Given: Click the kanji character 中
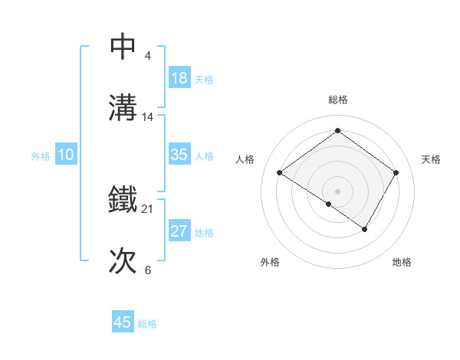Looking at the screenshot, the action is pyautogui.click(x=123, y=47).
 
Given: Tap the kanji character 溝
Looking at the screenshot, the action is pyautogui.click(x=123, y=108).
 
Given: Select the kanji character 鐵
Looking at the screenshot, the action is pyautogui.click(x=123, y=200).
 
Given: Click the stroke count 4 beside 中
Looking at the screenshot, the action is pyautogui.click(x=147, y=55).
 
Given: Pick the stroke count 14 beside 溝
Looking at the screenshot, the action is pyautogui.click(x=148, y=117).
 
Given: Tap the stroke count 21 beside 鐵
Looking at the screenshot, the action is pyautogui.click(x=148, y=208).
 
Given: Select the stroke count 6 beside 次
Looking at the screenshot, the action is pyautogui.click(x=147, y=270).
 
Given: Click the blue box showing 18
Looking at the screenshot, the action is pyautogui.click(x=179, y=77).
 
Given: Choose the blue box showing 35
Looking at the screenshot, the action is pyautogui.click(x=179, y=154).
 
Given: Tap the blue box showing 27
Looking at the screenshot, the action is pyautogui.click(x=179, y=231).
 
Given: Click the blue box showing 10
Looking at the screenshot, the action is pyautogui.click(x=66, y=154).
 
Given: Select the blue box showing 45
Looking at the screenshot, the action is pyautogui.click(x=123, y=322).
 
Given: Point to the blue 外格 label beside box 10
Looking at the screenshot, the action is pyautogui.click(x=41, y=156).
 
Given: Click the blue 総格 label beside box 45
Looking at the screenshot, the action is pyautogui.click(x=147, y=325).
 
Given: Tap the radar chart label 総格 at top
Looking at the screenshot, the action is pyautogui.click(x=337, y=100).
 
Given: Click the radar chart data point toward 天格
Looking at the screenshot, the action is pyautogui.click(x=396, y=172).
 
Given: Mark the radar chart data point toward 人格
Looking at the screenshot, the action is pyautogui.click(x=280, y=172).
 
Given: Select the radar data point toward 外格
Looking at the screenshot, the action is pyautogui.click(x=329, y=204).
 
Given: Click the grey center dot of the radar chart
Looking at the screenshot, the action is pyautogui.click(x=337, y=191).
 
